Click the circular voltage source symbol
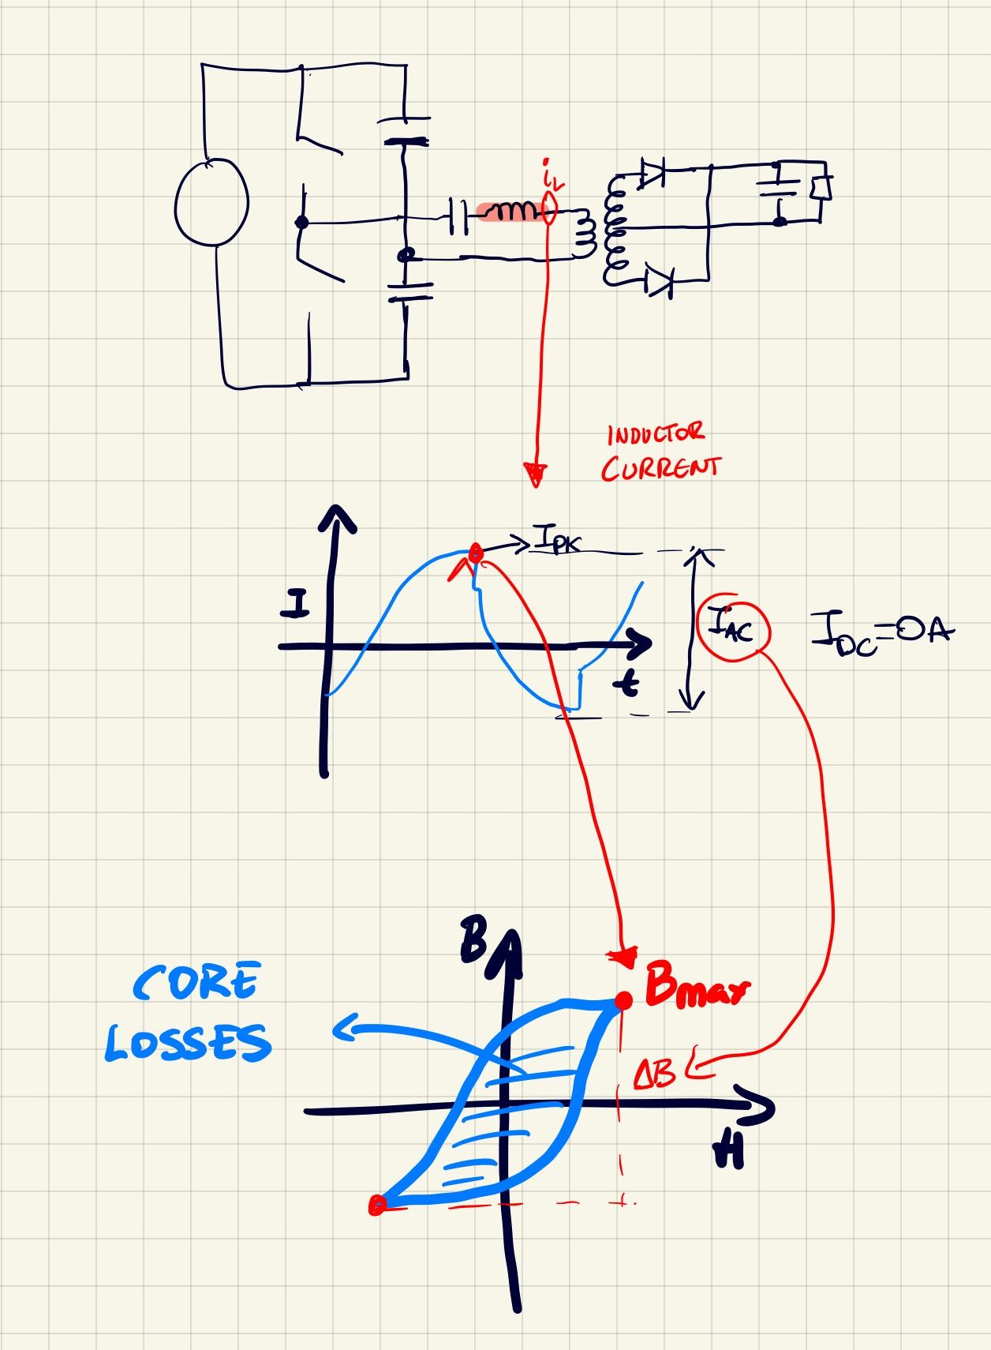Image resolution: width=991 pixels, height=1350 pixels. [211, 202]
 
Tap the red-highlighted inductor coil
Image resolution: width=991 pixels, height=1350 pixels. [510, 211]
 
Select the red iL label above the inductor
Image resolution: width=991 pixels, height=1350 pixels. [552, 176]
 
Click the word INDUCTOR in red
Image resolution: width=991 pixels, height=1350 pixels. [655, 434]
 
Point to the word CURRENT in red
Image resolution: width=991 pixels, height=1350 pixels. [660, 468]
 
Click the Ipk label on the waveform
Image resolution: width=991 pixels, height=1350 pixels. [557, 541]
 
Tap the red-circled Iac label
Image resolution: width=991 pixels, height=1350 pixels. [731, 628]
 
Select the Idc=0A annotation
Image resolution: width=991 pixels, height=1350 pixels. [881, 633]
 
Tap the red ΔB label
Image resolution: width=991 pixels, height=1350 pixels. [654, 1073]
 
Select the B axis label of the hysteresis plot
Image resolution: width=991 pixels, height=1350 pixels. [473, 939]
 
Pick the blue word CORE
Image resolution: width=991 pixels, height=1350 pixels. [196, 982]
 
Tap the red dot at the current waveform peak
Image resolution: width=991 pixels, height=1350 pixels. [475, 553]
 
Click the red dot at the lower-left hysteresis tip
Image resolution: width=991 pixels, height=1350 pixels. [377, 1205]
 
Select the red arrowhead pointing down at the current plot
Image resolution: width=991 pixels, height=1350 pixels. [536, 474]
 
